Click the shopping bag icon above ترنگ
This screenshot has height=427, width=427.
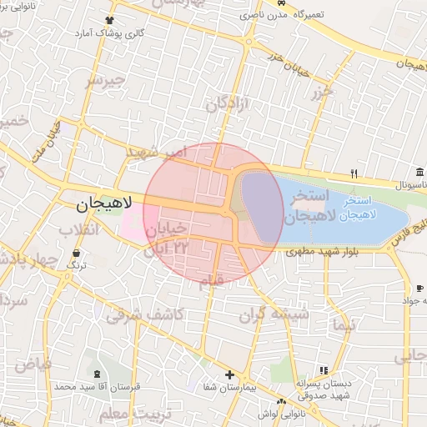click(x=77, y=253)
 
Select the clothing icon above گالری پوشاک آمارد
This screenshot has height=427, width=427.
click(x=108, y=21)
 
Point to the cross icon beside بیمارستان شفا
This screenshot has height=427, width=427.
click(x=229, y=374)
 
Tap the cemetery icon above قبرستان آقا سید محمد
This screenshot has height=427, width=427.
click(x=98, y=374)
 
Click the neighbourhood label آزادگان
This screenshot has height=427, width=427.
click(x=228, y=106)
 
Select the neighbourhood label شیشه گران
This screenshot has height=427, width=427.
click(x=274, y=314)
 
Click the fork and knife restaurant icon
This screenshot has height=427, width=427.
click(x=354, y=173)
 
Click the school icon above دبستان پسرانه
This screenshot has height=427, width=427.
click(x=323, y=370)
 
